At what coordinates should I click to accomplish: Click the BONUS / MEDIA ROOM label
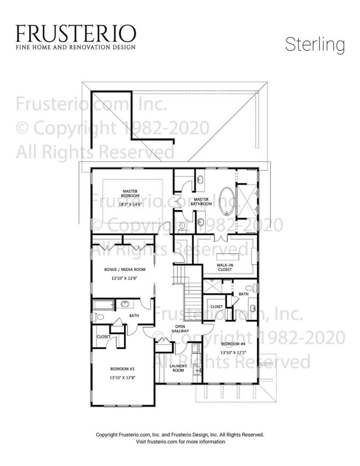(x=125, y=270)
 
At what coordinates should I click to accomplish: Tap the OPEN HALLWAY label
(x=180, y=329)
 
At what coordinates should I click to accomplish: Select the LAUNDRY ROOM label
(x=178, y=368)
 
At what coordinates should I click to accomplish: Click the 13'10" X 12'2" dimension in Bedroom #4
(x=233, y=352)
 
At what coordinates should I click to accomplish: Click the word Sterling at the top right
(x=315, y=45)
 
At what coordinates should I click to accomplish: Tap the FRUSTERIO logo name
(x=76, y=33)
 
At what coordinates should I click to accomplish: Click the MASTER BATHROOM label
(x=202, y=202)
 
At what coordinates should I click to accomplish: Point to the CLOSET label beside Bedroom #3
(x=104, y=337)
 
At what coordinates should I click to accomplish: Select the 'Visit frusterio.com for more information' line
(x=180, y=442)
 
